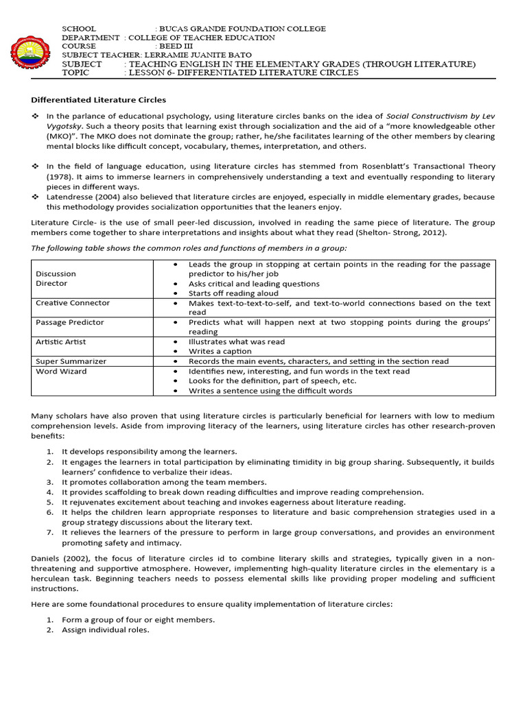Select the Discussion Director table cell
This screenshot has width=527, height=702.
(56, 278)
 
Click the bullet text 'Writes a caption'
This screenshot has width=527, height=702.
(222, 351)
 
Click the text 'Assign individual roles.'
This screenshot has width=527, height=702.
(105, 630)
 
